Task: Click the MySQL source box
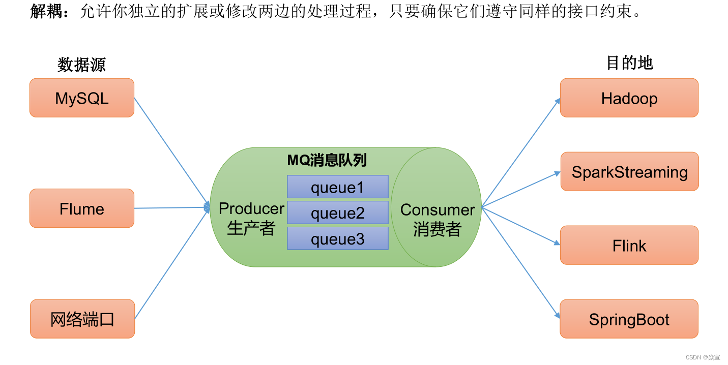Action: pos(82,98)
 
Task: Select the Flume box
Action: pos(82,208)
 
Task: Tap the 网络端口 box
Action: pos(82,319)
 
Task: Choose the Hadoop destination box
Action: pos(629,98)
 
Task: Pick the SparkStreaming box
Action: pos(629,172)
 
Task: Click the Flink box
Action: pos(629,246)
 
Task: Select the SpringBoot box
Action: pos(629,319)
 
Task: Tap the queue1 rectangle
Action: pos(338,187)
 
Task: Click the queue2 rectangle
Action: pos(338,212)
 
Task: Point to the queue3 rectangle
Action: pos(338,238)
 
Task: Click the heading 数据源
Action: pos(81,65)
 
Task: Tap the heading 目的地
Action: pos(629,63)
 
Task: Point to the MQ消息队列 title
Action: pos(327,161)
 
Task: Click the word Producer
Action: pos(251,208)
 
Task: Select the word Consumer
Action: pos(438,209)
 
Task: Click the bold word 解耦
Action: pos(48,11)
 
